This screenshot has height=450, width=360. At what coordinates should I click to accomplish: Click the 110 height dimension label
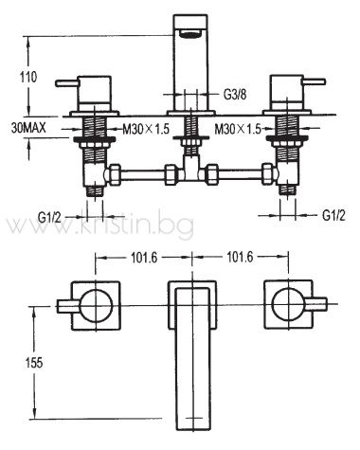(x=28, y=77)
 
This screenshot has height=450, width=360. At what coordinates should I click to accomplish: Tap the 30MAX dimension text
(x=28, y=128)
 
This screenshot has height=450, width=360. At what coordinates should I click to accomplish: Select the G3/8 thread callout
(x=235, y=94)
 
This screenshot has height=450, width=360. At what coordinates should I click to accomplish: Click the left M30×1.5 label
(x=146, y=129)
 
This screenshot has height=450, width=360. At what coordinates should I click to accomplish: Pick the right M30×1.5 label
(x=238, y=129)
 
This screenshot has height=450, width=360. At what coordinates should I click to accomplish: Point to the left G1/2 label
(x=49, y=217)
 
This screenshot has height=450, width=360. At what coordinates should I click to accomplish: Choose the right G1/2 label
(x=333, y=216)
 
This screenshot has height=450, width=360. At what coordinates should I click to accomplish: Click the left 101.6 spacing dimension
(x=144, y=258)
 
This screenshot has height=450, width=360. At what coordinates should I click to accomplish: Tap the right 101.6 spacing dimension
(x=240, y=258)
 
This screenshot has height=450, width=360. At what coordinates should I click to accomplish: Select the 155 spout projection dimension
(x=34, y=363)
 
